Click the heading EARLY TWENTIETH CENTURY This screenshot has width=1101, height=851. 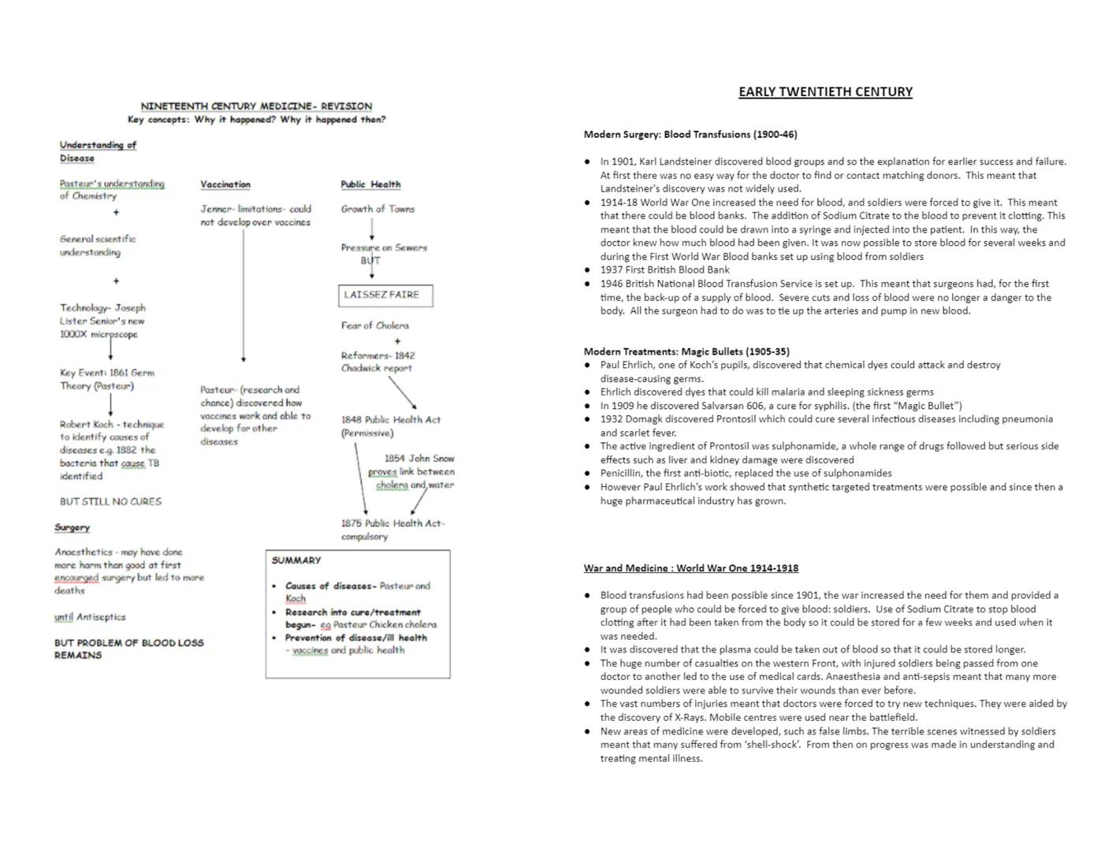tap(825, 92)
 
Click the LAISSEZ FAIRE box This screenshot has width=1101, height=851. tap(385, 295)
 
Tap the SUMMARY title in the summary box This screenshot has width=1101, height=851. tap(296, 560)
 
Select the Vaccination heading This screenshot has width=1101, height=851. tap(225, 184)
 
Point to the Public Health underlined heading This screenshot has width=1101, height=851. tap(370, 184)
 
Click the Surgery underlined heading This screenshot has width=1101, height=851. tap(73, 528)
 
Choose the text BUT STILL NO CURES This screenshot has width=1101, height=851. tap(110, 501)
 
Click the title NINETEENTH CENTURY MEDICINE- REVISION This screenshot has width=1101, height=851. tap(256, 106)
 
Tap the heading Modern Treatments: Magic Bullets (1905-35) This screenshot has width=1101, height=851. tap(686, 351)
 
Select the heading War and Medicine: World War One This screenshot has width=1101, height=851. tap(690, 568)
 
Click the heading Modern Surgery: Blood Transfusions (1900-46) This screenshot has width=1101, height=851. tap(690, 135)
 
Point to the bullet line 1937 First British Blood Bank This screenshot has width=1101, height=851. tap(664, 269)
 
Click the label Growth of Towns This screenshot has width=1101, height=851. tap(378, 209)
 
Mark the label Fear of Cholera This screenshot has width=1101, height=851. tap(375, 325)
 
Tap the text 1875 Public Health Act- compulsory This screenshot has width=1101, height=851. tap(392, 530)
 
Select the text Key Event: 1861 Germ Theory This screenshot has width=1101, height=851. tap(106, 379)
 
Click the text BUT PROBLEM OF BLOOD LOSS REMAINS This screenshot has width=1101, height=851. tap(128, 648)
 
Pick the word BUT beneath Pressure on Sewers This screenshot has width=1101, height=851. tap(370, 261)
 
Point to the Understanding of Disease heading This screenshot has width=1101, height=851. tap(97, 151)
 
